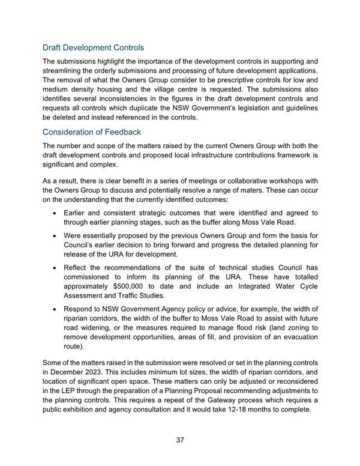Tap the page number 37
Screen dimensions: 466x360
(x=180, y=440)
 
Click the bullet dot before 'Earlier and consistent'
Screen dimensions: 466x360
(x=55, y=213)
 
